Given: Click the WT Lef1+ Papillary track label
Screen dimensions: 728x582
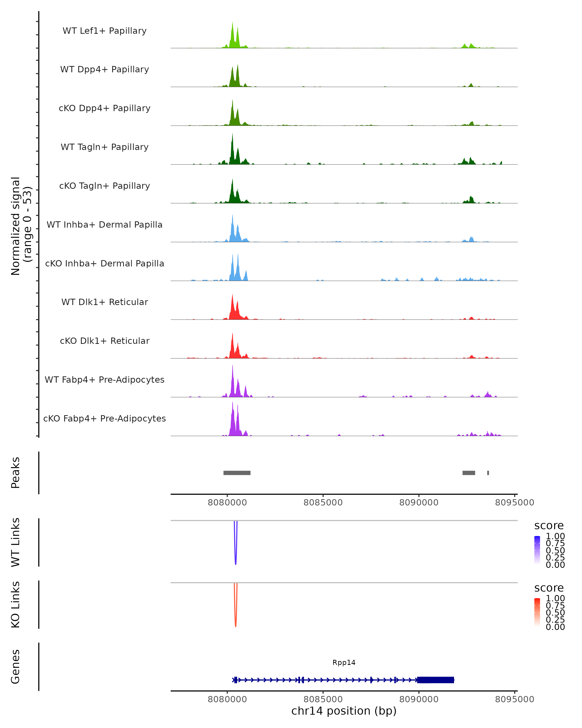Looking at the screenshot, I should click(x=105, y=31).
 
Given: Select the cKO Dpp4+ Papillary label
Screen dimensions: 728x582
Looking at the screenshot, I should click(x=105, y=108).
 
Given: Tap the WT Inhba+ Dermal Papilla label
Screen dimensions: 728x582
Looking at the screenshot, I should click(x=105, y=225).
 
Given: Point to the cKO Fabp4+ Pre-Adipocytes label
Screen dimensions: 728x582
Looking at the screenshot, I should click(x=105, y=419).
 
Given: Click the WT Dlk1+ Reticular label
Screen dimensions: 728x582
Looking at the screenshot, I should click(x=105, y=302).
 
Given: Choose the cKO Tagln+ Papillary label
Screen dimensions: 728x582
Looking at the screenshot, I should click(x=105, y=186).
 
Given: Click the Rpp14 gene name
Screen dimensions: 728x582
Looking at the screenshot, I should click(x=344, y=663).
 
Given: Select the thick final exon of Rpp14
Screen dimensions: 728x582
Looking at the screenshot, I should click(x=435, y=680).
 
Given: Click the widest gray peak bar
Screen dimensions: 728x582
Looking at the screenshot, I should click(x=237, y=473).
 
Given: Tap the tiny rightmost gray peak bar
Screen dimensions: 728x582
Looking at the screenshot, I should click(x=488, y=473).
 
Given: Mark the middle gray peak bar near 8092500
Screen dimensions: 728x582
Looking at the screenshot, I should click(x=469, y=473).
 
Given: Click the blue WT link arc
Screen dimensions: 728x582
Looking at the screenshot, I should click(x=235, y=554).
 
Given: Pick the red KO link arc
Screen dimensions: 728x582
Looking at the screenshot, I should click(x=235, y=616).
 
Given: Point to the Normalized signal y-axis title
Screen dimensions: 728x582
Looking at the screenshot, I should click(x=21, y=226).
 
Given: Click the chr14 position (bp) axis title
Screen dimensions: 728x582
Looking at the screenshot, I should click(x=344, y=711).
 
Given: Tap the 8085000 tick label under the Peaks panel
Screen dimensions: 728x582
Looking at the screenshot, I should click(x=323, y=503).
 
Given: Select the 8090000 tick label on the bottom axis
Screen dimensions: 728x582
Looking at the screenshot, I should click(x=419, y=699).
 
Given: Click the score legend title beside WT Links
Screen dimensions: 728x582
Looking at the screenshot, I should click(x=549, y=526).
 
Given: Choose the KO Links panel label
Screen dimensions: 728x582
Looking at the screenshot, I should click(x=16, y=605).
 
